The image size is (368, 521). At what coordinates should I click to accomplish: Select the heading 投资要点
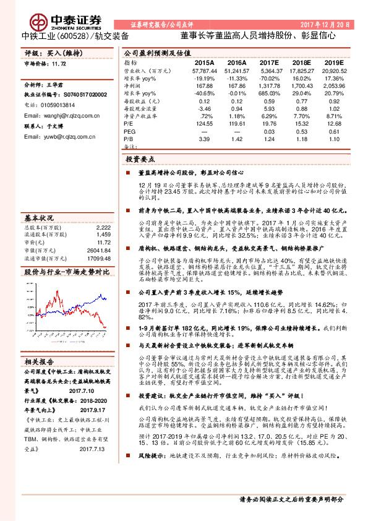click(x=140, y=160)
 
